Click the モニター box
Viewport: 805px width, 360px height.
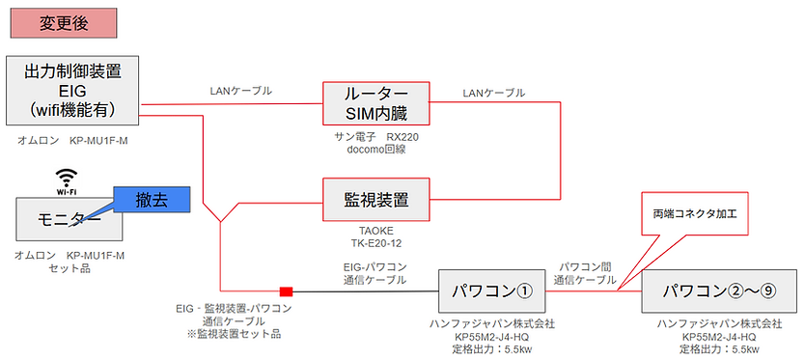coord(69,220)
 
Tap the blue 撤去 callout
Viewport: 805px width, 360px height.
coord(152,200)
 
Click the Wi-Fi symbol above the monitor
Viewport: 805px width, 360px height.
coord(66,180)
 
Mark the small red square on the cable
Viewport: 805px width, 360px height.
coord(286,291)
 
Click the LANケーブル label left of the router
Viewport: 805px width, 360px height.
coord(240,92)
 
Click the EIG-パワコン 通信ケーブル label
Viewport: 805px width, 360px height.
coord(375,272)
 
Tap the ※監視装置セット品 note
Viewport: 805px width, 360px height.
coord(234,334)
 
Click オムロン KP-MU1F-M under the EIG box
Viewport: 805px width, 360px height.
coord(71,140)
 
